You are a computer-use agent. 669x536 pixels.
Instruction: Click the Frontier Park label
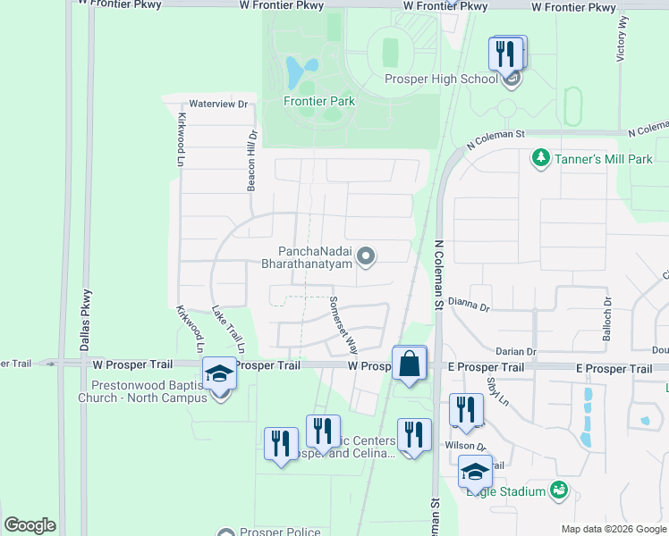coord(319,101)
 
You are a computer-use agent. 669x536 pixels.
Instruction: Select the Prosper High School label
coord(441,80)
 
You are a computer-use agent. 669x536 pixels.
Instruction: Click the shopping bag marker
coord(409,364)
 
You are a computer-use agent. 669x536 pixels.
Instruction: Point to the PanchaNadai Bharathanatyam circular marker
coord(365,257)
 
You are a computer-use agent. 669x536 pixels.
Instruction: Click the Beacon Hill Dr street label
coord(252,161)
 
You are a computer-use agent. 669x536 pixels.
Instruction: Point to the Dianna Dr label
coord(469,306)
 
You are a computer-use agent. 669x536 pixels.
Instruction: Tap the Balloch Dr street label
coord(608,314)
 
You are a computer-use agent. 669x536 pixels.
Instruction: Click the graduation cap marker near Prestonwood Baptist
coord(217,373)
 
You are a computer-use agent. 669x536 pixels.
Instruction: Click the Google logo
coord(30,525)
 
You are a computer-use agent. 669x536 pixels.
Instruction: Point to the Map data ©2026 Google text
coord(613,529)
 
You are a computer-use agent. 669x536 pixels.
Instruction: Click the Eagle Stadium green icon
coord(559,490)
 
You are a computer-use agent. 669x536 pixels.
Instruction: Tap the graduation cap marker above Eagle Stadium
coord(475,471)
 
